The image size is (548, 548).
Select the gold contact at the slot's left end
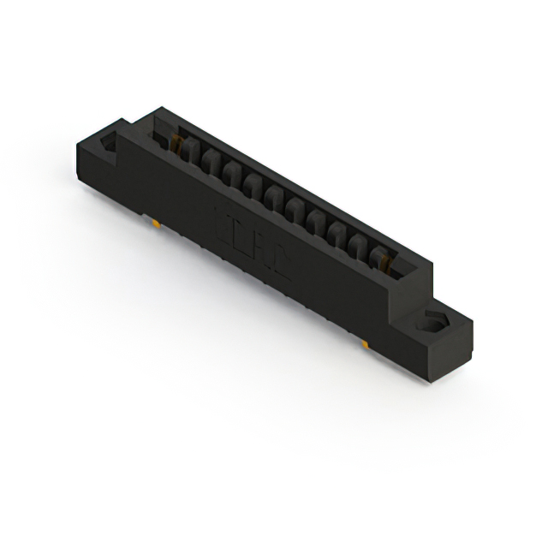click(x=179, y=140)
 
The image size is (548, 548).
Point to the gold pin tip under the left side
click(x=157, y=223)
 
